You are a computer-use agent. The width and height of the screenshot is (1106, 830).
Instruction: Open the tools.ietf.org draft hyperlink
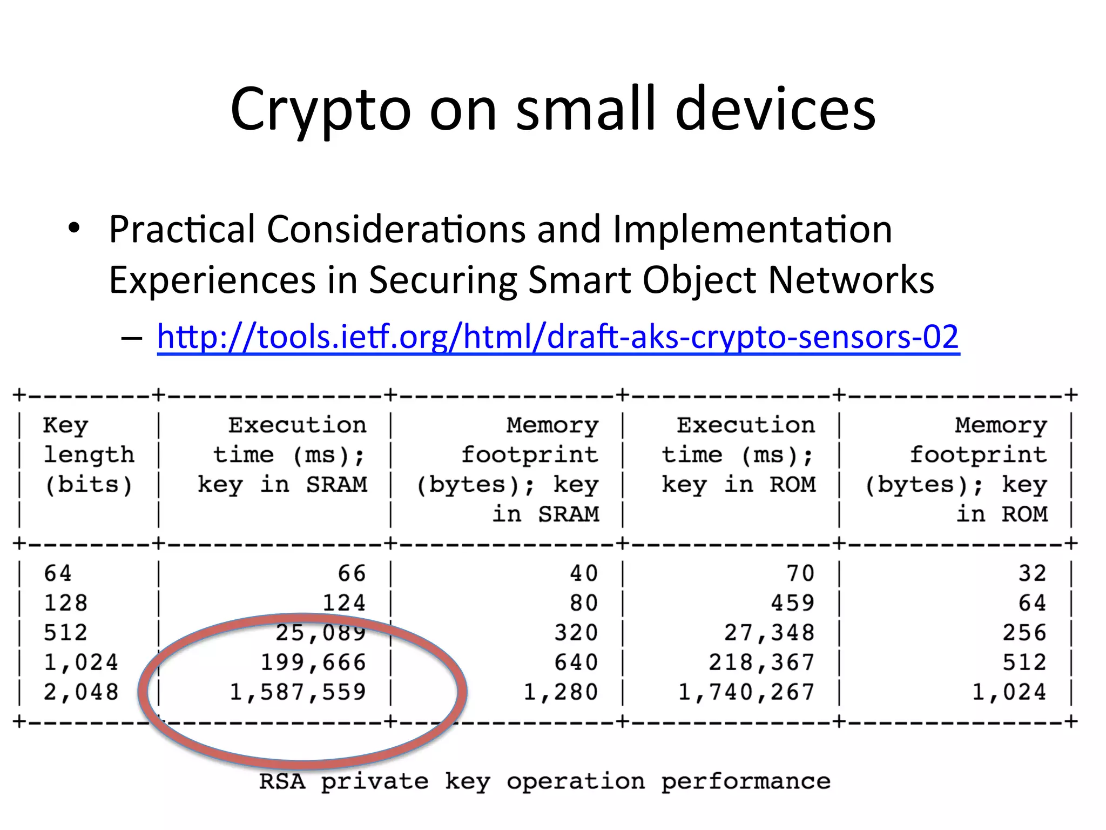558,337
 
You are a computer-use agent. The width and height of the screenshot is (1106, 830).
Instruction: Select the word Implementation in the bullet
752,229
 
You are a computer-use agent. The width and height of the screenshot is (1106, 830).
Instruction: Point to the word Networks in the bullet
851,280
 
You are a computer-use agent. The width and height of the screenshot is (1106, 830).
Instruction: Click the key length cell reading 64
57,573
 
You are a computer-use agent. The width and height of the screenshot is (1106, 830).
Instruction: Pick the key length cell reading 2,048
80,692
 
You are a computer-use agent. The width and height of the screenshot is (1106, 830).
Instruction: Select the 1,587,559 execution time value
298,692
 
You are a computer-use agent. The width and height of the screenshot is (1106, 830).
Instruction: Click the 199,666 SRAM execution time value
313,662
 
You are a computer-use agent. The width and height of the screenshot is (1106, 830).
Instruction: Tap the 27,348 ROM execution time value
768,633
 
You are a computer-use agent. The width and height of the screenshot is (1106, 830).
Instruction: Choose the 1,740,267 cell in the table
746,692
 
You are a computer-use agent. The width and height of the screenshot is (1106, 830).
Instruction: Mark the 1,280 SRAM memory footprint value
561,692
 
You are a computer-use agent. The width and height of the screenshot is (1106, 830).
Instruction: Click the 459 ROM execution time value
792,603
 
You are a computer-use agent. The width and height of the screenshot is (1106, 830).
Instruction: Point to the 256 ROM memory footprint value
1024,633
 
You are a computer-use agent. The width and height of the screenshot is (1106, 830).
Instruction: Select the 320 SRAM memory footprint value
576,633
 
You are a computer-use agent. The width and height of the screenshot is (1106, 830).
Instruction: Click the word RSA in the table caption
282,781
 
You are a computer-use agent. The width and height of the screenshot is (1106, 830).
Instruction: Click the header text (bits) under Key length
89,485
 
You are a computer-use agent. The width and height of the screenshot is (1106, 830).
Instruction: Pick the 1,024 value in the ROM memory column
1009,692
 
